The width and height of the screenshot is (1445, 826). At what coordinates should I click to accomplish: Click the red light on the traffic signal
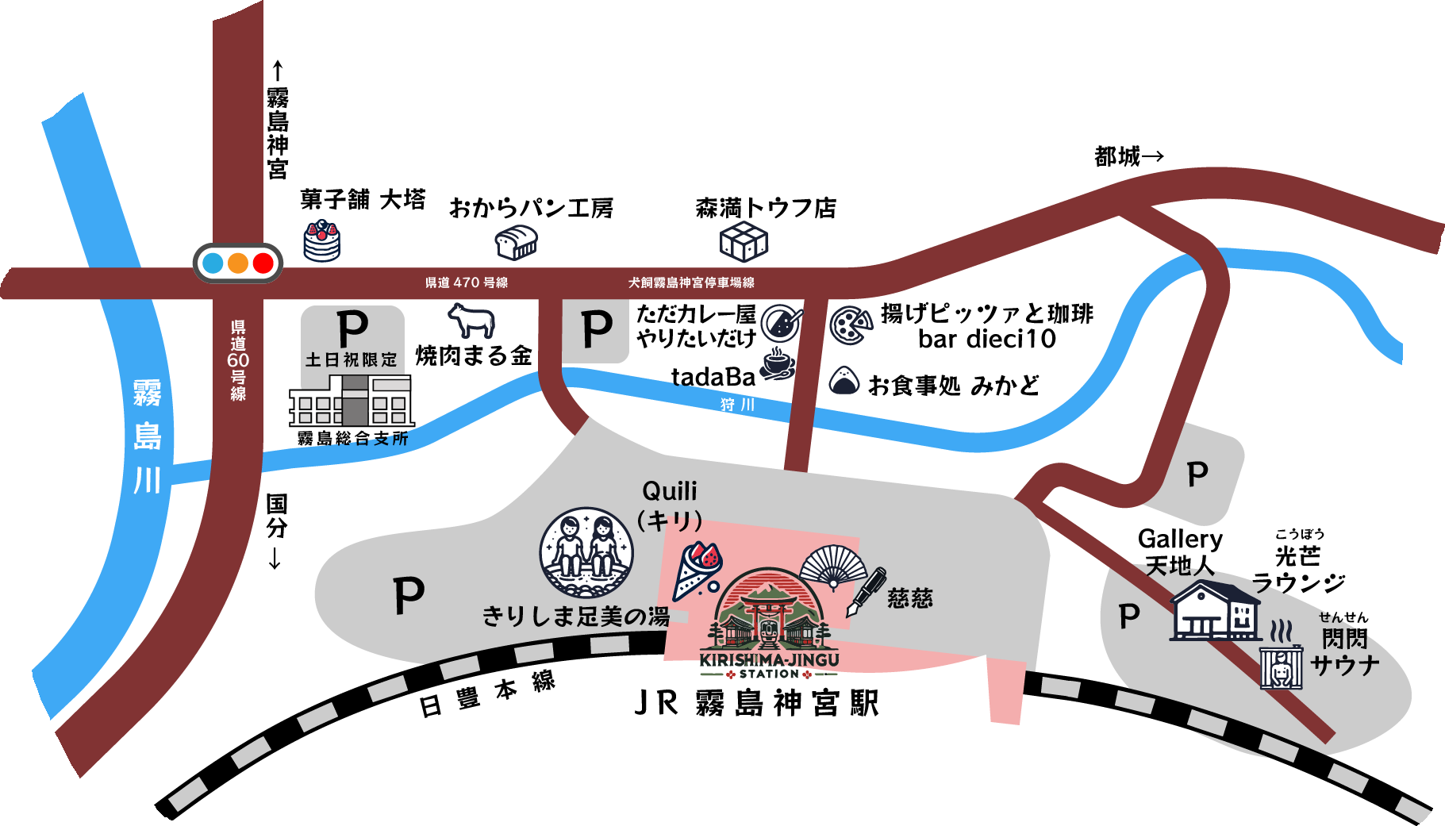tap(263, 263)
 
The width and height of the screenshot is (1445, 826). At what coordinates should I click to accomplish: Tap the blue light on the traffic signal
tap(213, 263)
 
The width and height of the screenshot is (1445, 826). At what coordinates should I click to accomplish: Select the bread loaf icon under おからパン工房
tap(517, 242)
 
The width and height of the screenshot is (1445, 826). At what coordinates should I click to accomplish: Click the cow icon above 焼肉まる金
tap(471, 320)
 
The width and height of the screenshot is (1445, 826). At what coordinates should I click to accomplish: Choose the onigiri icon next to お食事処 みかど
tap(844, 381)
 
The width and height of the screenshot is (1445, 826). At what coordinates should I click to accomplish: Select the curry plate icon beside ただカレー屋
tap(781, 323)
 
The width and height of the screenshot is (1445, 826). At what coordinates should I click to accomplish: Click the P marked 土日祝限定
tap(352, 327)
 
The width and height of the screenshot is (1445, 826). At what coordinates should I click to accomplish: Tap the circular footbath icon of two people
tap(586, 553)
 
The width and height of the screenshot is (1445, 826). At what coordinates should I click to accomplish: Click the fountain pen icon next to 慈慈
tap(867, 591)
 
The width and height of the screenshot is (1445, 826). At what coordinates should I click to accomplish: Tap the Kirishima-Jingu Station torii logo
tap(768, 624)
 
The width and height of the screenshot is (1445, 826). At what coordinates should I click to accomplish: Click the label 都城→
tap(1128, 156)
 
